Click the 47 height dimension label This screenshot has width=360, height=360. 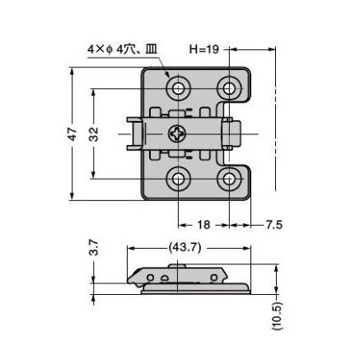point(72,133)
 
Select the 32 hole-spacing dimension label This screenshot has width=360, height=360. point(94,133)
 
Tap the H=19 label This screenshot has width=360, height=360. point(204,49)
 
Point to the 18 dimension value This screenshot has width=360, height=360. point(203,225)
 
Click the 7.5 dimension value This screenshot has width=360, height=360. point(274,225)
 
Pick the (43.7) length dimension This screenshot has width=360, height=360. point(185,248)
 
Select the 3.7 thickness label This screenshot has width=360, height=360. point(94,247)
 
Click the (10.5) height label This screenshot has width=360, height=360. point(277,316)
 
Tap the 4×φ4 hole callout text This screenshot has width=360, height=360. point(122,49)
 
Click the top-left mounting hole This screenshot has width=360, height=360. point(178,88)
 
